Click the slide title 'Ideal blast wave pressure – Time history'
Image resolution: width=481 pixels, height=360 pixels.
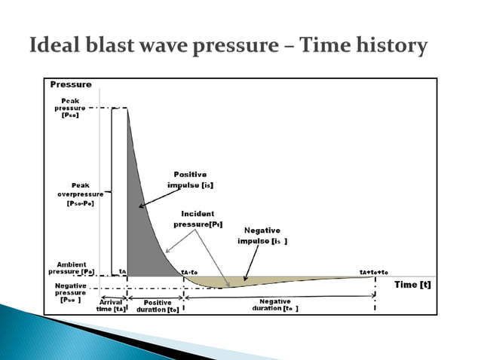pos(228,46)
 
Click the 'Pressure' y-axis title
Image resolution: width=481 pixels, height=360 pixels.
pos(71,85)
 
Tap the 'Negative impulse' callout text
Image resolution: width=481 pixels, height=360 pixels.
pos(262,236)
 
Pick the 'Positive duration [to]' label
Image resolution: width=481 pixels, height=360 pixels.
pos(157,307)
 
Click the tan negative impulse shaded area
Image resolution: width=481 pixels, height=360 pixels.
pos(249,281)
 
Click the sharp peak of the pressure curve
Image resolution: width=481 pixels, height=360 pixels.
pos(127,109)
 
